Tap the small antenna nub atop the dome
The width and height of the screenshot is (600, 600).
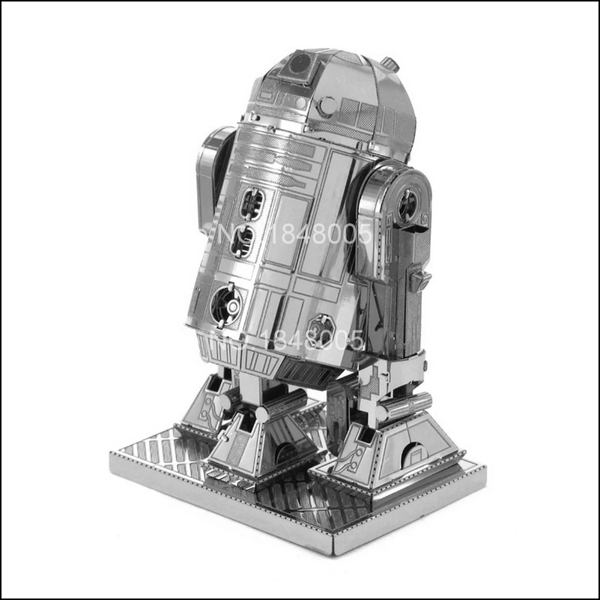click(x=388, y=59)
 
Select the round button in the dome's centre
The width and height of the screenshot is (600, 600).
click(x=327, y=106)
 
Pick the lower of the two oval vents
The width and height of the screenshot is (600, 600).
click(x=242, y=241)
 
